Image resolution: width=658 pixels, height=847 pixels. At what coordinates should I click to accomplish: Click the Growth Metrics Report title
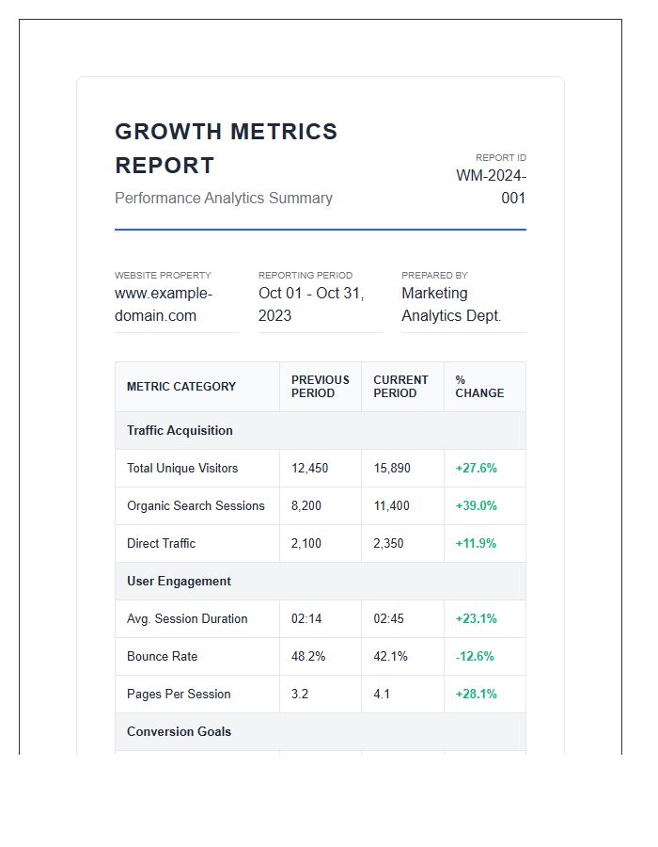click(226, 148)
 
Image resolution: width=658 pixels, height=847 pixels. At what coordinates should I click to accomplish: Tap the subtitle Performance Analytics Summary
click(224, 198)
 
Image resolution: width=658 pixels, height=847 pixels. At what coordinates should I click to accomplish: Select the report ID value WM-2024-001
click(492, 186)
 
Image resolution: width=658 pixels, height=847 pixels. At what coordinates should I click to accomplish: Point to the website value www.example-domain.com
click(164, 304)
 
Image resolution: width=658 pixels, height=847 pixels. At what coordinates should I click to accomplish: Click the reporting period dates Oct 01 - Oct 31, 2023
click(311, 304)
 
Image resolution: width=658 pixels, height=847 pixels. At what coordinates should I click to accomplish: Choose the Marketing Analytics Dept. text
click(451, 304)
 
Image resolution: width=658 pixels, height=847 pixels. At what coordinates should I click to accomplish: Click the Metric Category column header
click(181, 386)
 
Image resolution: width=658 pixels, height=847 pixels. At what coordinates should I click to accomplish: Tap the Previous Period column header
click(320, 386)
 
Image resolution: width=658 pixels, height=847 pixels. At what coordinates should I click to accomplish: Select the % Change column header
click(479, 386)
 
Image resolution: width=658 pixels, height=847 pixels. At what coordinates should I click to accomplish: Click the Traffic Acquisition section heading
click(180, 430)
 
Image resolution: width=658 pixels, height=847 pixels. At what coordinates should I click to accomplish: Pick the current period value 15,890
click(392, 468)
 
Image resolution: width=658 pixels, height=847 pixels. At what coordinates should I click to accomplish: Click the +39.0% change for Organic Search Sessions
click(476, 505)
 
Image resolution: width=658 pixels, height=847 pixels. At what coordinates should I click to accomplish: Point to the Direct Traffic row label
click(161, 543)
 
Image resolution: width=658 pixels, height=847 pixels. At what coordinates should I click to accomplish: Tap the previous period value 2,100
click(306, 543)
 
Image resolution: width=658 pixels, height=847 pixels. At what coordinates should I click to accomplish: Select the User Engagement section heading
click(179, 581)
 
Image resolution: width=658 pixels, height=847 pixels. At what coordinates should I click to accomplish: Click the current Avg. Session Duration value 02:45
click(389, 618)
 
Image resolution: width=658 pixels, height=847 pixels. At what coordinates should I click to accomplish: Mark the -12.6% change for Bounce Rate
click(475, 656)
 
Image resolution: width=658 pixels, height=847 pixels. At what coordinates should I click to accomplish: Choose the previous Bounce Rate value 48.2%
click(308, 656)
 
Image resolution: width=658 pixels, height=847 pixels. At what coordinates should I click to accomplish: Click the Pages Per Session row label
click(179, 694)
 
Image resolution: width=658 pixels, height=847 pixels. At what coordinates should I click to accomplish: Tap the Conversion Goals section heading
click(179, 731)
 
